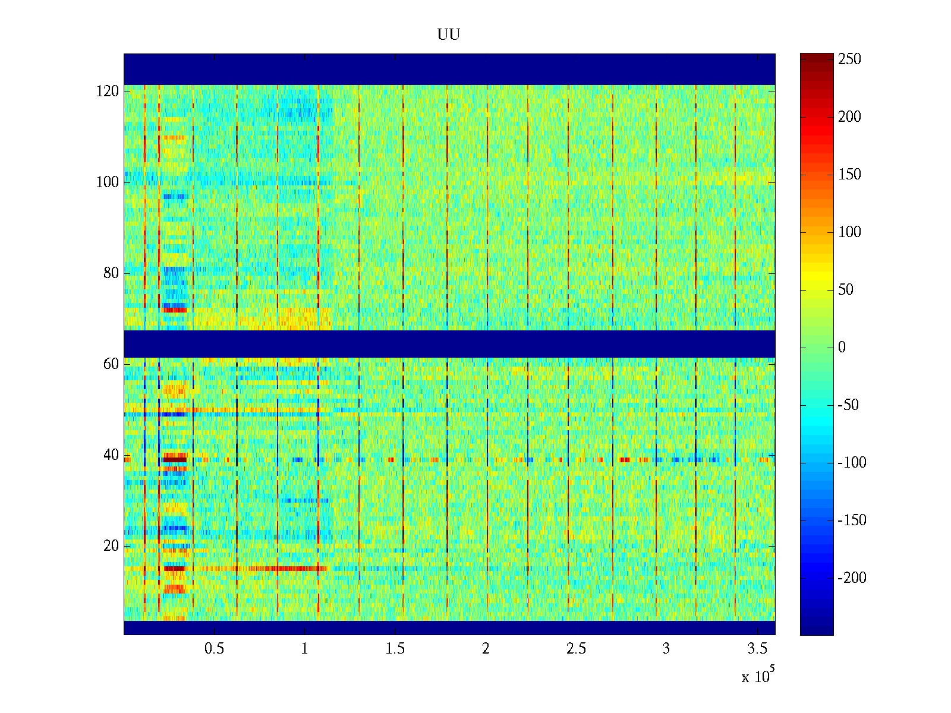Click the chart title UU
pyautogui.click(x=449, y=35)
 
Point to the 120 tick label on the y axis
pyautogui.click(x=108, y=92)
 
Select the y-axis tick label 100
pyautogui.click(x=108, y=182)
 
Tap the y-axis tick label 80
pyautogui.click(x=111, y=273)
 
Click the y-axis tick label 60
pyautogui.click(x=111, y=364)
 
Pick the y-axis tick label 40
pyautogui.click(x=111, y=455)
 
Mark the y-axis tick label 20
pyautogui.click(x=111, y=546)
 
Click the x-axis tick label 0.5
pyautogui.click(x=214, y=649)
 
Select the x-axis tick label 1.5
pyautogui.click(x=395, y=649)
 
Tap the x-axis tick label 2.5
pyautogui.click(x=576, y=649)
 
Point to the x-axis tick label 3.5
pyautogui.click(x=757, y=649)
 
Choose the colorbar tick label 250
pyautogui.click(x=849, y=59)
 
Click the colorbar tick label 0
pyautogui.click(x=842, y=348)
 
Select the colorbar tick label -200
pyautogui.click(x=852, y=578)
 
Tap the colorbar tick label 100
pyautogui.click(x=849, y=232)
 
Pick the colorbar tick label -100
pyautogui.click(x=852, y=463)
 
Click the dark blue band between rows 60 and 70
pyautogui.click(x=449, y=344)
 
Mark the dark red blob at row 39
pyautogui.click(x=175, y=459)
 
